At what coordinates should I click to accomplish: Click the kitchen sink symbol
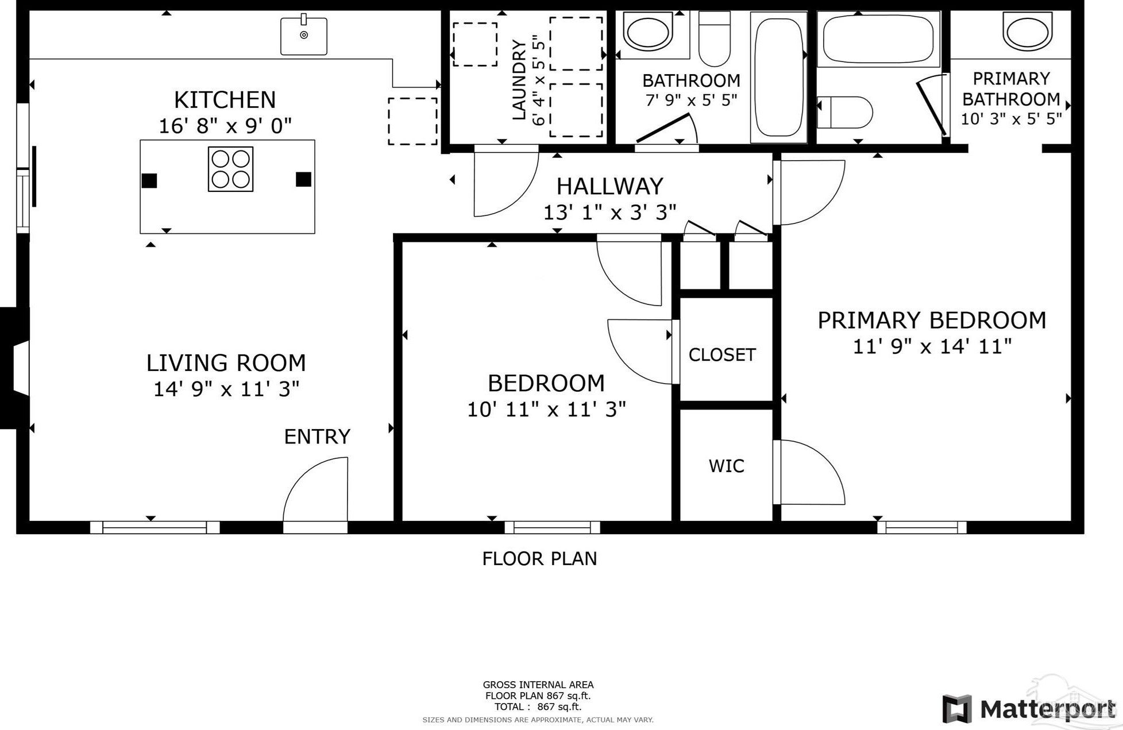coord(303,36)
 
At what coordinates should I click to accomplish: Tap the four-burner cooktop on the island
coord(230,169)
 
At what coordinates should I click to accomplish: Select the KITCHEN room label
coord(225,100)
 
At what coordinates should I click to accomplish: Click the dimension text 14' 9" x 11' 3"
coord(226,389)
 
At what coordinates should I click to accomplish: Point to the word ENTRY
coord(317,437)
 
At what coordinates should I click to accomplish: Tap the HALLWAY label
coord(609,186)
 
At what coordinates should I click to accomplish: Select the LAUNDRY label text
coord(519,80)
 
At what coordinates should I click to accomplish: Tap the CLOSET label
coord(722,355)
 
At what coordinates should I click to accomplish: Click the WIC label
coord(726,466)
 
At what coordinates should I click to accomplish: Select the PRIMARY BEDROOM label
coord(931,320)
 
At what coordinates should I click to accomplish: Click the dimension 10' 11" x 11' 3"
coord(546,410)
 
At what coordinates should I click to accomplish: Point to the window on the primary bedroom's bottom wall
coord(921,527)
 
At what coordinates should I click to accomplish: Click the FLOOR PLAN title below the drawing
coord(539,559)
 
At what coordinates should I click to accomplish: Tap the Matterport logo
coord(1028,709)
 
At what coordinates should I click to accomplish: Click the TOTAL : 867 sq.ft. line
coord(538,707)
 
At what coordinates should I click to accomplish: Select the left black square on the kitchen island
coord(149,180)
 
